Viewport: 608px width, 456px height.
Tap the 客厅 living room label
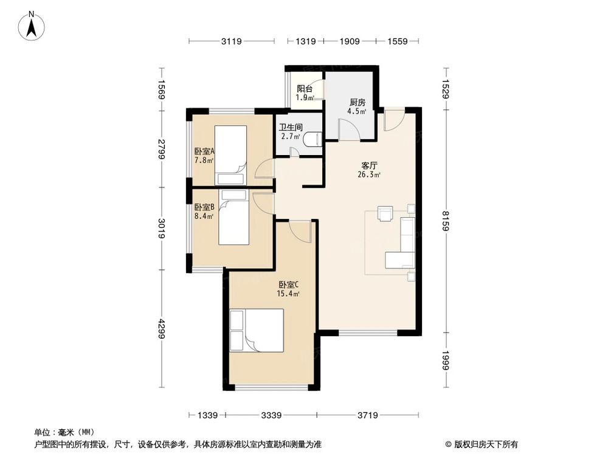coord(370,165)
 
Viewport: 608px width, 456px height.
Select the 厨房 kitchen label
coord(356,102)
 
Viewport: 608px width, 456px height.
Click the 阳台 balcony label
coord(305,89)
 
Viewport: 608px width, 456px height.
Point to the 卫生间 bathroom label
coord(289,128)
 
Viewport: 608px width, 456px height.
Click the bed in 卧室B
coord(233,218)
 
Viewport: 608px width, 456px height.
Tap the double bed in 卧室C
coord(257,330)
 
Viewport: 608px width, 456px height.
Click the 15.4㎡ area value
coord(288,294)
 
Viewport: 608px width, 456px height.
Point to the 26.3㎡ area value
coord(370,175)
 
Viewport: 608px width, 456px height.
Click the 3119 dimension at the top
coord(231,41)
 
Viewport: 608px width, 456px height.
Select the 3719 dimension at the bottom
coord(367,415)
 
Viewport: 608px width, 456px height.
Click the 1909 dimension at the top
coord(350,41)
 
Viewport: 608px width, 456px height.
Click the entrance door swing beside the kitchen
coord(392,119)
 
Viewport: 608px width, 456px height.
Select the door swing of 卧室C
coord(300,230)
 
